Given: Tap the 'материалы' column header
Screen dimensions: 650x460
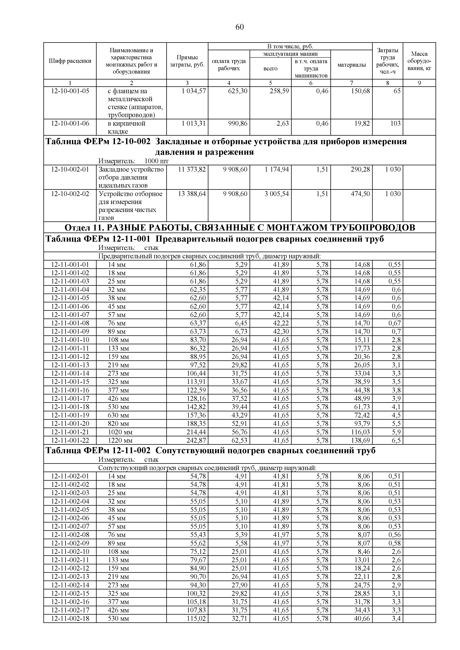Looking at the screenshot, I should (x=352, y=65).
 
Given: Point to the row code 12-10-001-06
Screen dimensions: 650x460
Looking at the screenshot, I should (x=70, y=123).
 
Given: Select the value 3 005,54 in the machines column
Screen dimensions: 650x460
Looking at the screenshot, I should (x=277, y=194).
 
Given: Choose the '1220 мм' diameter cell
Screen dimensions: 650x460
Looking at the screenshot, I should (x=120, y=440).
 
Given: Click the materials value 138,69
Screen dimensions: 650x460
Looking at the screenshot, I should (x=360, y=440).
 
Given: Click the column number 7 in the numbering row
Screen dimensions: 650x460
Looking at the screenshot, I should (x=352, y=83).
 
